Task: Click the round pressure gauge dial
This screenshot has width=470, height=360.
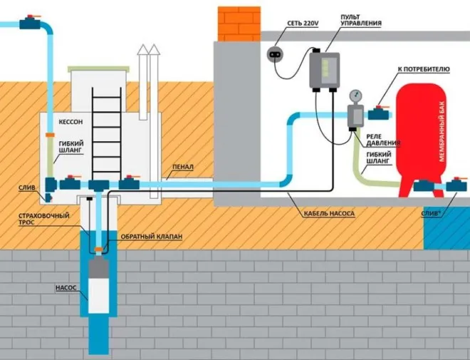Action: pyautogui.click(x=353, y=96)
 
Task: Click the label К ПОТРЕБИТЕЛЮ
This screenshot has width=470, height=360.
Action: pyautogui.click(x=423, y=69)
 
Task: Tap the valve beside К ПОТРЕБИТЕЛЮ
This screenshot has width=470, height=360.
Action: pyautogui.click(x=378, y=112)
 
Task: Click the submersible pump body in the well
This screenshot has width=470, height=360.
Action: pyautogui.click(x=98, y=285)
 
